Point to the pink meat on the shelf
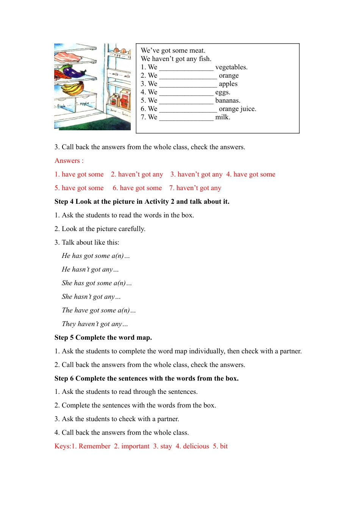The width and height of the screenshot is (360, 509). click(69, 58)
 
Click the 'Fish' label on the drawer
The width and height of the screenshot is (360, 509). click(61, 106)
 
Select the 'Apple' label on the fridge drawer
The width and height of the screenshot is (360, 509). click(84, 103)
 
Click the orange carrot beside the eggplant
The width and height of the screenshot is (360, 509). click(61, 73)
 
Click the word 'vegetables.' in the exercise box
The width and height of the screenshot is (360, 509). click(231, 67)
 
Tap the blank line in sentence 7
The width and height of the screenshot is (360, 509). click(186, 118)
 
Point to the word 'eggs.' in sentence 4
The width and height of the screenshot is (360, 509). click(222, 92)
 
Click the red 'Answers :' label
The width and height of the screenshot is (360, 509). click(69, 161)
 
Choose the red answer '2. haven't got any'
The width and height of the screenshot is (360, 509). click(137, 174)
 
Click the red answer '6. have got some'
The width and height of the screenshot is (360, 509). click(137, 188)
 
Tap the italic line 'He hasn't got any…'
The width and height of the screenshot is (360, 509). click(90, 269)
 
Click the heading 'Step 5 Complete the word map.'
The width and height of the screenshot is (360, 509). click(103, 337)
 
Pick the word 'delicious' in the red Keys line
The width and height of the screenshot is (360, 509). click(196, 446)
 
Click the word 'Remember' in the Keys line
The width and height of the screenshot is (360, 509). click(94, 446)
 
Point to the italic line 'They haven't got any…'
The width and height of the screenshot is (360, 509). click(95, 324)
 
